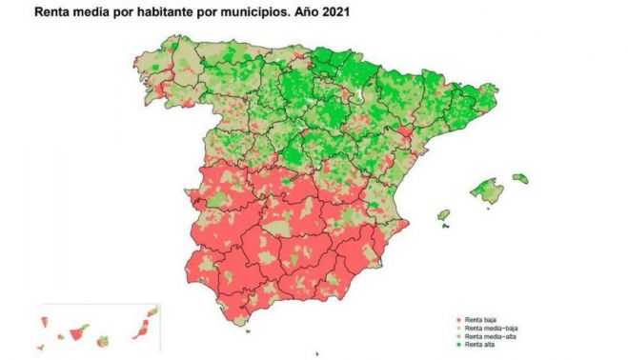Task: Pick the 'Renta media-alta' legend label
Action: tap(490, 337)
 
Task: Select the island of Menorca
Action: tap(520, 177)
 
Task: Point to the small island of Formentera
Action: tap(446, 226)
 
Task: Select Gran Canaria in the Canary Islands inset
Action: tap(103, 340)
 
